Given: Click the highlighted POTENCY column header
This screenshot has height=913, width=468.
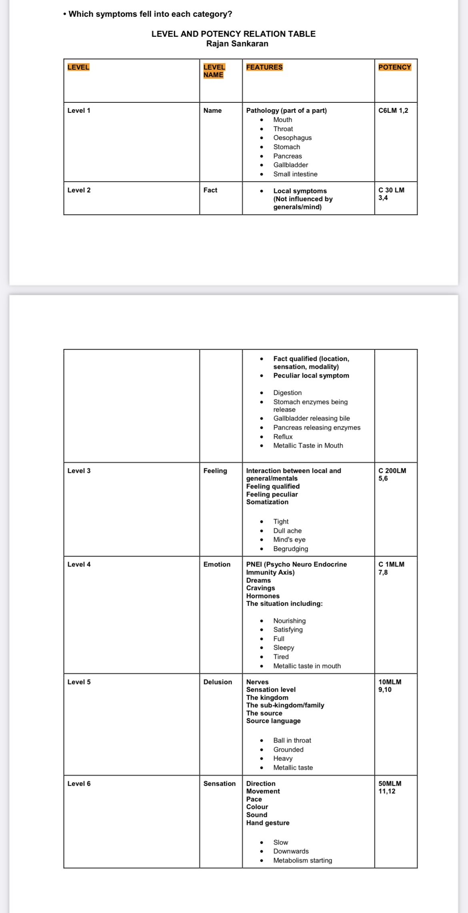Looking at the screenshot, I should coord(394,67).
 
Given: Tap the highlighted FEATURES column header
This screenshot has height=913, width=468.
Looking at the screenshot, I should coord(264,67).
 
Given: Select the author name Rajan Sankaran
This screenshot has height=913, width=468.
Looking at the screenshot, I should coord(237,44).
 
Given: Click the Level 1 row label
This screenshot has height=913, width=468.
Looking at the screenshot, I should coord(79,110).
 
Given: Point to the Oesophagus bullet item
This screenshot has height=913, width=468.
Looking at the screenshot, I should coord(292,138).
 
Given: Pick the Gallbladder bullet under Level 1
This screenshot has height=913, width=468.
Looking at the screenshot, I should coord(290,165).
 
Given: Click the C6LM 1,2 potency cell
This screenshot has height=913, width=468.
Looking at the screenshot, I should coord(393,110).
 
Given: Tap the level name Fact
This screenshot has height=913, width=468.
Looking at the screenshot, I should coord(210,190).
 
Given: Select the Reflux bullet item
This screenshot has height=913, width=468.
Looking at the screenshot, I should coord(283,436).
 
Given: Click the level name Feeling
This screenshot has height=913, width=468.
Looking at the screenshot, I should coord(215,471).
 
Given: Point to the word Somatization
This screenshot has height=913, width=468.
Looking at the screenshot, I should coord(267,502).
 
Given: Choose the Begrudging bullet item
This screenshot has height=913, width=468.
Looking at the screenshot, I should coord(290,549).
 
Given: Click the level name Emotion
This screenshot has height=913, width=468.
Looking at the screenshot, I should coord(217,564).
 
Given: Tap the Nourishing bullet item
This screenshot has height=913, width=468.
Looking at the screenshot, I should coord(289,621).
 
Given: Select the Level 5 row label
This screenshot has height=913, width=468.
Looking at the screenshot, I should coord(79,682).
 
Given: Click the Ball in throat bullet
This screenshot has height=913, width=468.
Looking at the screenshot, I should coord(292,740).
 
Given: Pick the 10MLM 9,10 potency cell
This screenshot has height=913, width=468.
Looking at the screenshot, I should coord(390,685).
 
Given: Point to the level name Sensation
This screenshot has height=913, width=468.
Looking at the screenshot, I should coord(219,783).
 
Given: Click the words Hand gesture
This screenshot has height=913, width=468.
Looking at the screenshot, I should coord(268,823).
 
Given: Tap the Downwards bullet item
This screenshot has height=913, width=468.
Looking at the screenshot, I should coord(291,851).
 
